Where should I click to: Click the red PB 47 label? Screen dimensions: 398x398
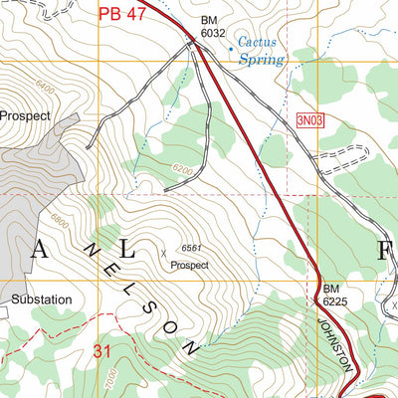pos(122,14)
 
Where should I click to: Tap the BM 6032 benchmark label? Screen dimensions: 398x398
pos(212,26)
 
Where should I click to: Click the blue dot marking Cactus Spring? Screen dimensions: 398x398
pos(232,44)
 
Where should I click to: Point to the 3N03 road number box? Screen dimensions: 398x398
pos(311,120)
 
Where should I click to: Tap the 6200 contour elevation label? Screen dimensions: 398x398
pos(180,169)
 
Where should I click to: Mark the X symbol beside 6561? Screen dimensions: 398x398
pos(164,253)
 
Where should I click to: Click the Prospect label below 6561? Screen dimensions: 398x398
pos(189,266)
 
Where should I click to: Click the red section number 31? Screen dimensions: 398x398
pos(101,350)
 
